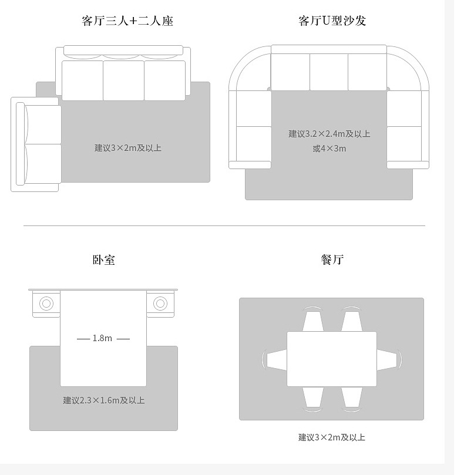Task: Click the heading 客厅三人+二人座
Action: [127, 22]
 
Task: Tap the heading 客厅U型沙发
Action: [332, 22]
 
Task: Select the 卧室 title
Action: [104, 260]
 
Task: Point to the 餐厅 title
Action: [332, 260]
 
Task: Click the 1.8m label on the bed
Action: [103, 338]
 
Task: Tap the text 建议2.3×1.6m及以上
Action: [104, 400]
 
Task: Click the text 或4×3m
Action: [329, 149]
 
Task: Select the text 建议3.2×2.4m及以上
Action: [329, 134]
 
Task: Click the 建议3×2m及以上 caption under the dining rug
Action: [332, 437]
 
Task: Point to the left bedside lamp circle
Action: [46, 304]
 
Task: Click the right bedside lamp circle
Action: [160, 304]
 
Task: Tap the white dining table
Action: [332, 359]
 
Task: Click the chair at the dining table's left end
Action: [274, 359]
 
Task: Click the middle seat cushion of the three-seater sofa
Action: [123, 80]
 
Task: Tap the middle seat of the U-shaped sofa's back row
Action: [329, 72]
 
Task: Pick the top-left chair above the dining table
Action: [312, 320]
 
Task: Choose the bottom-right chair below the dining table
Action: [351, 397]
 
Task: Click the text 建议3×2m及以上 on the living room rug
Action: [128, 148]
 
